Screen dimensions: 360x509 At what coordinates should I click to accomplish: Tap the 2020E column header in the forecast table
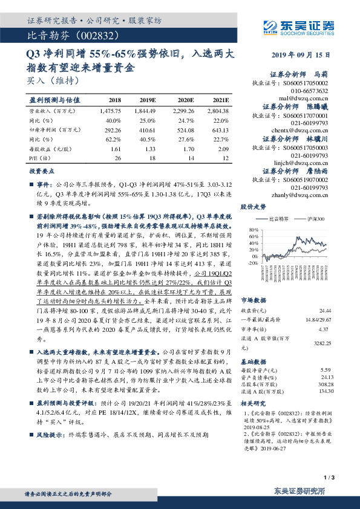click(185, 100)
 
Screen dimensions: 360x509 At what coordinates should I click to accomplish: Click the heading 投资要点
click(42, 171)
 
